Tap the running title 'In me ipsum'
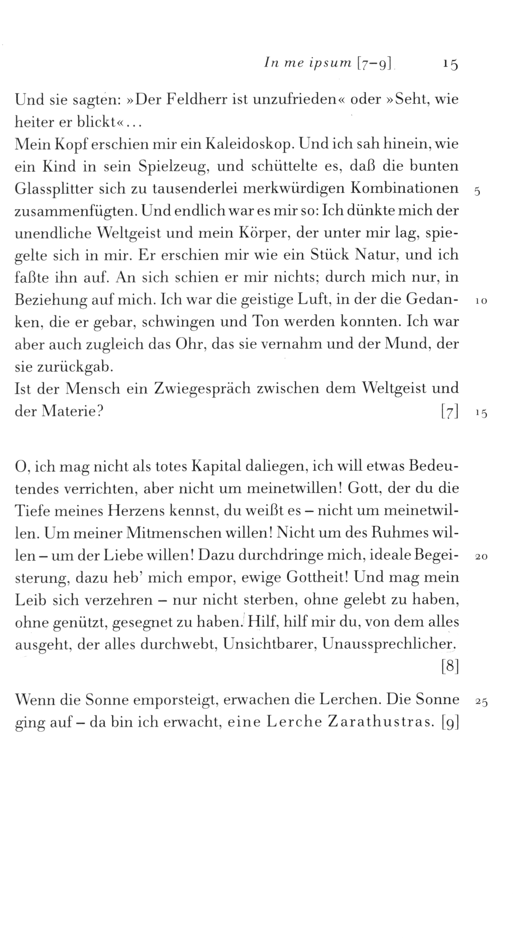click(x=308, y=63)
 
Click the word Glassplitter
click(x=54, y=189)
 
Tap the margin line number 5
click(x=477, y=192)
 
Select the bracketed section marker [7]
click(x=450, y=412)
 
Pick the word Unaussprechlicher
click(x=389, y=645)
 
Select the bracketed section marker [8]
click(x=450, y=667)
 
